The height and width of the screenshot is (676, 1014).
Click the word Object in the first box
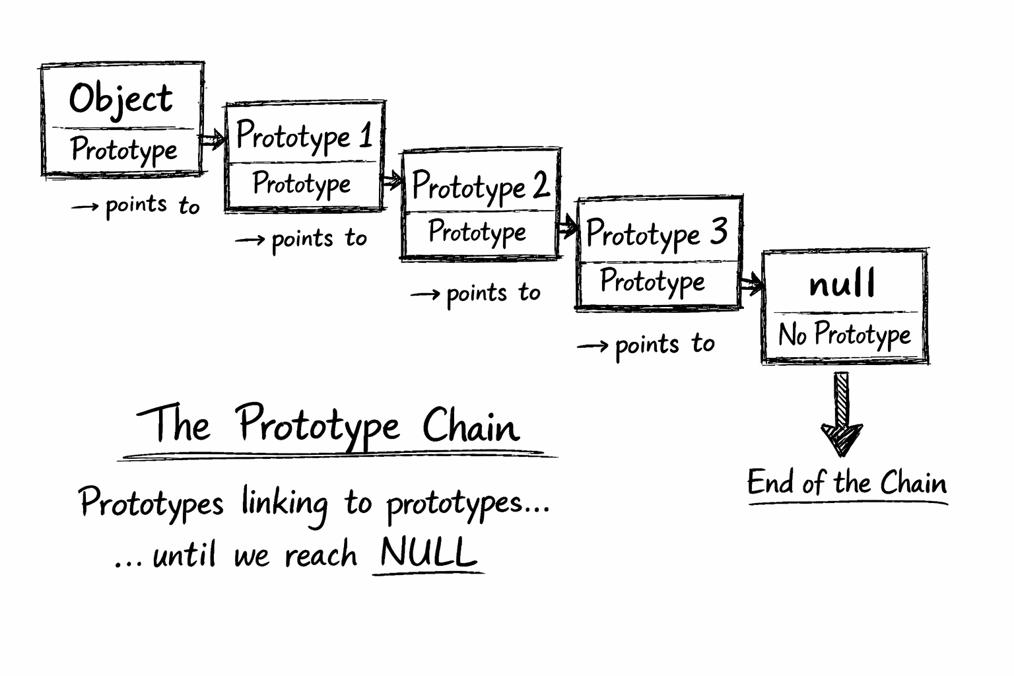coord(121,100)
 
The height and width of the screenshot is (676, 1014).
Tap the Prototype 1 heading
coord(304,136)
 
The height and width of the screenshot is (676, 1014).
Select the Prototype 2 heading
coord(480,187)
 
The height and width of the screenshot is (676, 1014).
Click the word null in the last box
coord(842,285)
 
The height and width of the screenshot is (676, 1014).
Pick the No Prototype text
coord(844,335)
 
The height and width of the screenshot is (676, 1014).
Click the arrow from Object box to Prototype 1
coord(213,140)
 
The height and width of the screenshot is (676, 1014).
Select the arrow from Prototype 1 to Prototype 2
coord(392,180)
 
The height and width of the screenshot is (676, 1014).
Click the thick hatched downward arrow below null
coord(842,416)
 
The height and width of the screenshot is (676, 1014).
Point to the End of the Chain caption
coord(847,483)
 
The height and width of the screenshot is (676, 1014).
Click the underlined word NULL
coord(428,553)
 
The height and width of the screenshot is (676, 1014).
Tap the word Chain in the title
coord(471,426)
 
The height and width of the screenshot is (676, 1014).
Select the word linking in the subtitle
coord(284,504)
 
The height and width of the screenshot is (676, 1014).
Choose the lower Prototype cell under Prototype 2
coord(477,232)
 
